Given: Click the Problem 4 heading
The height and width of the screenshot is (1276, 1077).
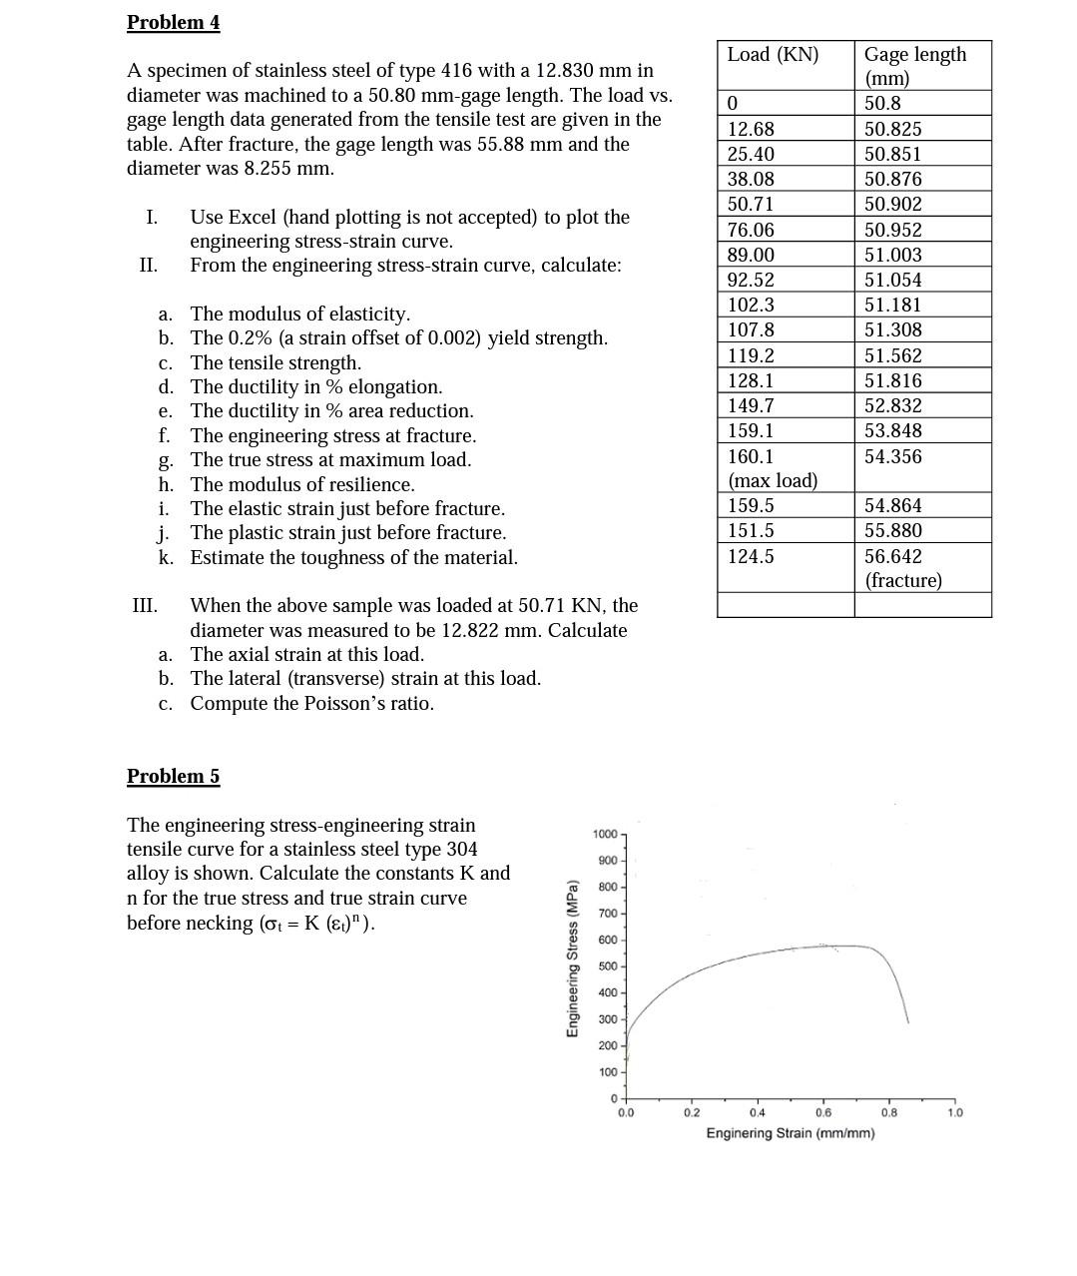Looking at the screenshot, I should click(173, 22).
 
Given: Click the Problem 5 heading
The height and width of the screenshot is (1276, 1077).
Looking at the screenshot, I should click(173, 776).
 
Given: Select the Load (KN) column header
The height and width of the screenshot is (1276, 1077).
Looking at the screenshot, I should click(773, 55).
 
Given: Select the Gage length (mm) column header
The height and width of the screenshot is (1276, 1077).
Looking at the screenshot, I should click(914, 66).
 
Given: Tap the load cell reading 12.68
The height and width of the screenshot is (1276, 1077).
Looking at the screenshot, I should click(751, 129).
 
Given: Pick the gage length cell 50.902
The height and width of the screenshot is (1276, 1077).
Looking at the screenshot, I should click(892, 204).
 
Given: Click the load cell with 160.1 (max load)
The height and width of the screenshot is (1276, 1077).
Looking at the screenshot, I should click(772, 468).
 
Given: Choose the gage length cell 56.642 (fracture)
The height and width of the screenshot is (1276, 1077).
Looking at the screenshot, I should click(902, 568).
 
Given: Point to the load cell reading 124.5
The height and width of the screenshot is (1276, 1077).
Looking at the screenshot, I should click(751, 556).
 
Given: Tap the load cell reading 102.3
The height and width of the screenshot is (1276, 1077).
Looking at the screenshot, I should click(751, 305).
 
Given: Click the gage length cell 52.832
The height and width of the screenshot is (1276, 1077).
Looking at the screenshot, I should click(892, 405).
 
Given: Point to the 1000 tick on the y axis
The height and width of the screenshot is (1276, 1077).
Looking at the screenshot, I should click(605, 834).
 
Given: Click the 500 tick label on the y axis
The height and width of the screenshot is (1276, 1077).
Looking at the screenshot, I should click(608, 966).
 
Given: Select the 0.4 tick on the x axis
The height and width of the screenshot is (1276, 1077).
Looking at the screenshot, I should click(758, 1112).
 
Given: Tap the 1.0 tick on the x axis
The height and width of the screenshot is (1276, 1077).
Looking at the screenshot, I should click(955, 1112).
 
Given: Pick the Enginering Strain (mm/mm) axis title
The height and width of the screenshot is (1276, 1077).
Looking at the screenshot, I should click(790, 1133).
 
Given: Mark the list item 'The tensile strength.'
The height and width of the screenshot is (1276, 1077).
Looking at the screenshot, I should click(275, 362).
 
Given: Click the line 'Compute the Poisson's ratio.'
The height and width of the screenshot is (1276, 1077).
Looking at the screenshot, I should click(311, 703).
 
